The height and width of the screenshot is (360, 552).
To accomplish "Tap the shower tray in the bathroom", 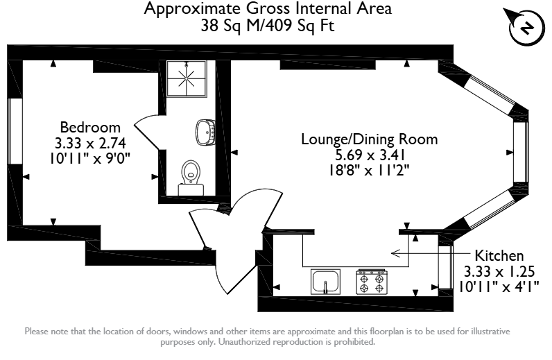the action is [187, 78].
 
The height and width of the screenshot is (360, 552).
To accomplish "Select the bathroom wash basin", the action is [205, 132].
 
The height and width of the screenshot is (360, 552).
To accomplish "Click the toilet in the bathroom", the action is [191, 178].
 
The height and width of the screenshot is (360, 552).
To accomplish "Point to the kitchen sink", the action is [326, 282].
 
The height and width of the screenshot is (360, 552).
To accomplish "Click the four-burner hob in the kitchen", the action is [372, 282].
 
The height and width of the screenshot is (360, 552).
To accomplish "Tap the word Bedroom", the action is [90, 127].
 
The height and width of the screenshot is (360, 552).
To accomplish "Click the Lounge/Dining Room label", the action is [370, 139].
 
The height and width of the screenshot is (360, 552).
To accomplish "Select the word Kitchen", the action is [499, 255].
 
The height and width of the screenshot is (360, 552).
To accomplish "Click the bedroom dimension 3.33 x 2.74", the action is [90, 143].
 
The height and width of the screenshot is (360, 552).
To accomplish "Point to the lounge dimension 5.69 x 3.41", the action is [370, 155].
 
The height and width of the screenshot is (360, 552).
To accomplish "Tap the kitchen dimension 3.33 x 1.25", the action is [499, 272].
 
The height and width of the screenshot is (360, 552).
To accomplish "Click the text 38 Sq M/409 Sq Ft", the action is [268, 26].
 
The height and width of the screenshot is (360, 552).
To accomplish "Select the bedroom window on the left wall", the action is [15, 131].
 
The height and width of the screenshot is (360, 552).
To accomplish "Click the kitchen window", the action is [445, 267].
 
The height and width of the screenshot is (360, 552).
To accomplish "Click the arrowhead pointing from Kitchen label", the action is [395, 253].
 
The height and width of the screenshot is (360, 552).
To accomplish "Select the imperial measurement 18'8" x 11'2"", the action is [370, 171].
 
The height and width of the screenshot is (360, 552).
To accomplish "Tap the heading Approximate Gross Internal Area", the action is [268, 8].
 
